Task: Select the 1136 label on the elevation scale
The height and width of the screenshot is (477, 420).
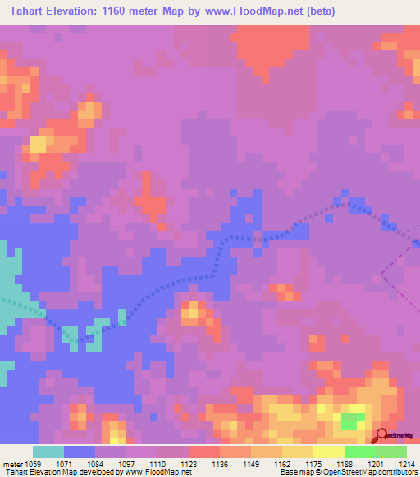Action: click(x=220, y=462)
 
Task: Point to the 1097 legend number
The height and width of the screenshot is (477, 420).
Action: click(x=126, y=462)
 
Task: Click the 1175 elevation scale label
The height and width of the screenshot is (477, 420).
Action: click(x=313, y=462)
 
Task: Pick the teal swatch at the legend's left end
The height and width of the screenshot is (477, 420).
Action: click(x=48, y=452)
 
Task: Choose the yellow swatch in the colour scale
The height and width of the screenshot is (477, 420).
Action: click(x=328, y=452)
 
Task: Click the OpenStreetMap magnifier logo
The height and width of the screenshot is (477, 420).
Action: click(x=381, y=435)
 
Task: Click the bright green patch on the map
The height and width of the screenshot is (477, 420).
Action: click(x=354, y=421)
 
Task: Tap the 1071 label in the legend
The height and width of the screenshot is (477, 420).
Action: click(x=64, y=462)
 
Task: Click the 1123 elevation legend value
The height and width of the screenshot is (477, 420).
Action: click(x=189, y=462)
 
